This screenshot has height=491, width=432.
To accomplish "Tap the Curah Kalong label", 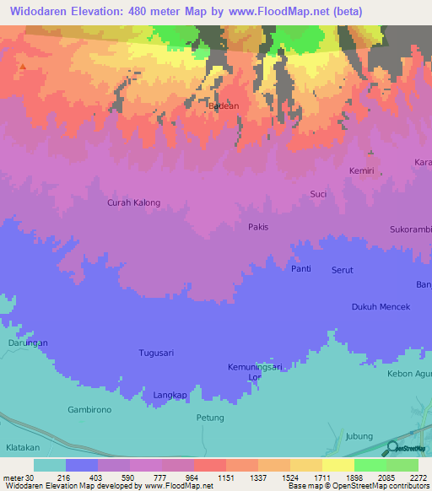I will coord(133,202).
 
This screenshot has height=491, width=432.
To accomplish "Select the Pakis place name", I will coord(258,227).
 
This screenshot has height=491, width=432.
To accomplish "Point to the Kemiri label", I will coord(361,170).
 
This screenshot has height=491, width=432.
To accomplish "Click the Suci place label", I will coord(319,194).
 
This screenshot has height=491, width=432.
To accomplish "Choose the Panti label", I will coord(301,269).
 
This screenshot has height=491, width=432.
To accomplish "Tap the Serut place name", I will coord(342,270).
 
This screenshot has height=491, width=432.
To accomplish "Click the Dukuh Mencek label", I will coord(381,307).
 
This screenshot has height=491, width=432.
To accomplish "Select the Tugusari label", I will coord(156,353).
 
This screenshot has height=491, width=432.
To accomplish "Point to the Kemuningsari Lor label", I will coord(254,372).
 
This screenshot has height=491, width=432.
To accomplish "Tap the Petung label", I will coord(210,418).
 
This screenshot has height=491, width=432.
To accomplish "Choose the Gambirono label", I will coord(89,409).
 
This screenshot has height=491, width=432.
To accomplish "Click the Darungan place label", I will coord(28,343).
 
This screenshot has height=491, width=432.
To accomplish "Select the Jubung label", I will coord(359,436).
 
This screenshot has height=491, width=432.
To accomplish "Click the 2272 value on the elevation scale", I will coord(418,477).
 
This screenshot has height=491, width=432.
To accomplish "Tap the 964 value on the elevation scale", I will coord(178,477).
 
